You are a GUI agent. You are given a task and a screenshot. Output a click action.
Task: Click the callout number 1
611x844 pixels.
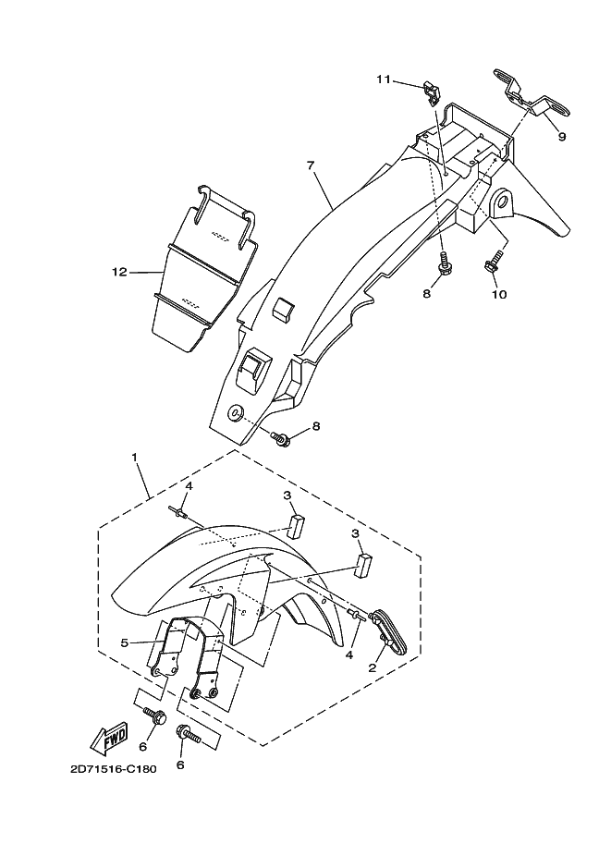[x=134, y=458]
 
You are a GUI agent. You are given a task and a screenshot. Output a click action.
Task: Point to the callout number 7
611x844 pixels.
[x=311, y=165]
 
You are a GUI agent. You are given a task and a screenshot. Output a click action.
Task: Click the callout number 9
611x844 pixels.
[x=561, y=137]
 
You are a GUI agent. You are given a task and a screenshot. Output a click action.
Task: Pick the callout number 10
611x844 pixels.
[x=499, y=295]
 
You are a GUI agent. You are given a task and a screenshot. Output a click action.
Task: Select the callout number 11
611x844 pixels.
[x=384, y=80]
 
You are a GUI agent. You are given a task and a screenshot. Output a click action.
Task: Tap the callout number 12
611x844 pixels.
[x=118, y=273]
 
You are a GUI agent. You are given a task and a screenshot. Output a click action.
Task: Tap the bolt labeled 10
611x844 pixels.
[x=492, y=263]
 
